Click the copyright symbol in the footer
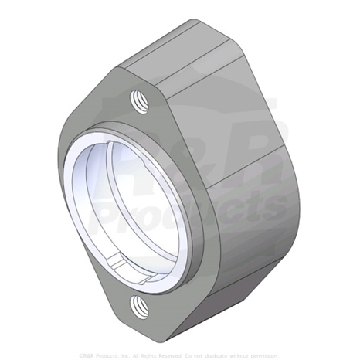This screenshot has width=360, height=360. [83, 354]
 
